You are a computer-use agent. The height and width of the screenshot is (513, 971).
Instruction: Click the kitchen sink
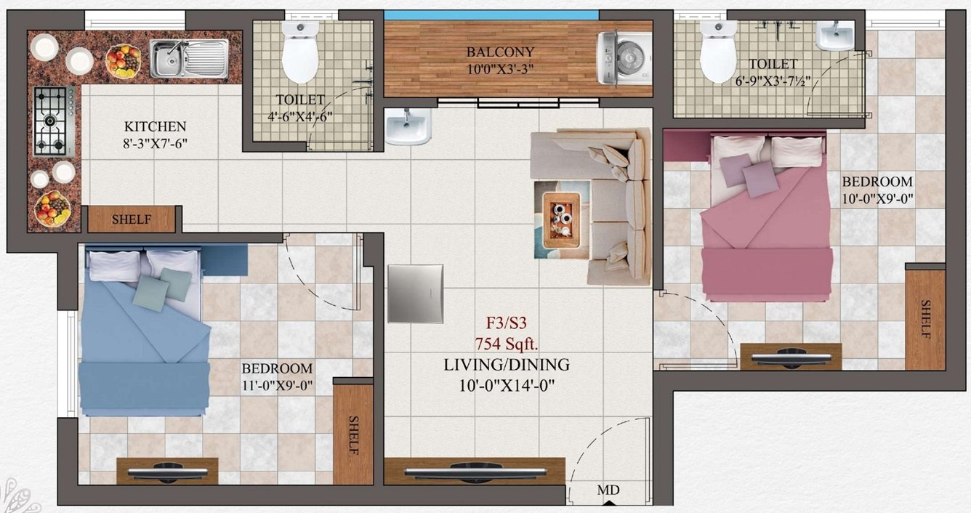pyautogui.click(x=189, y=59)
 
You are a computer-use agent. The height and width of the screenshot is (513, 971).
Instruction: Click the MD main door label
pyautogui.click(x=608, y=491)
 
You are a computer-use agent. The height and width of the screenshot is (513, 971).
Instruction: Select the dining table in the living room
pyautogui.click(x=415, y=294)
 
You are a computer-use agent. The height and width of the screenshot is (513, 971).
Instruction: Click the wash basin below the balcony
pyautogui.click(x=408, y=127)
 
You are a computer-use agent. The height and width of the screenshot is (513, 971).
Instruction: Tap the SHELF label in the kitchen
pyautogui.click(x=132, y=220)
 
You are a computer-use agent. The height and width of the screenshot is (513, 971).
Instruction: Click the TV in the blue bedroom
pyautogui.click(x=166, y=472)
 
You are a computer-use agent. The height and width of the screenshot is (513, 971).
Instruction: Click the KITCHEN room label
pyautogui.click(x=155, y=126)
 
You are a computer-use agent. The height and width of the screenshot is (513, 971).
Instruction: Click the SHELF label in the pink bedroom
pyautogui.click(x=925, y=318)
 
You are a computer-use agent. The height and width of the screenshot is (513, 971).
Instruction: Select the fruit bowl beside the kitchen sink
pyautogui.click(x=123, y=60)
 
